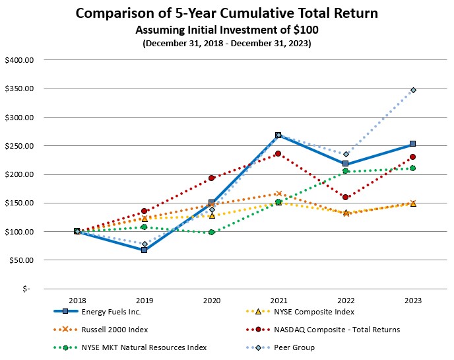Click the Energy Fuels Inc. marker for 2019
[144, 250]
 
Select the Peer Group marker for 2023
[412, 90]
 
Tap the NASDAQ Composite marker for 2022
[345, 197]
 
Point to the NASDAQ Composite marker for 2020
[211, 178]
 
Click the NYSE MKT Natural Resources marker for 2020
[211, 232]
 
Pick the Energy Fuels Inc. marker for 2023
[412, 143]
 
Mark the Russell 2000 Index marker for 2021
[278, 194]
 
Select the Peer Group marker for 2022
[345, 154]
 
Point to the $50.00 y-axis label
[20, 260]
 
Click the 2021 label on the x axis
[278, 299]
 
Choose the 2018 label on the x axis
[77, 299]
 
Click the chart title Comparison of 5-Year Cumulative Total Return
[226, 14]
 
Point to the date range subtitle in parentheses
[226, 43]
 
